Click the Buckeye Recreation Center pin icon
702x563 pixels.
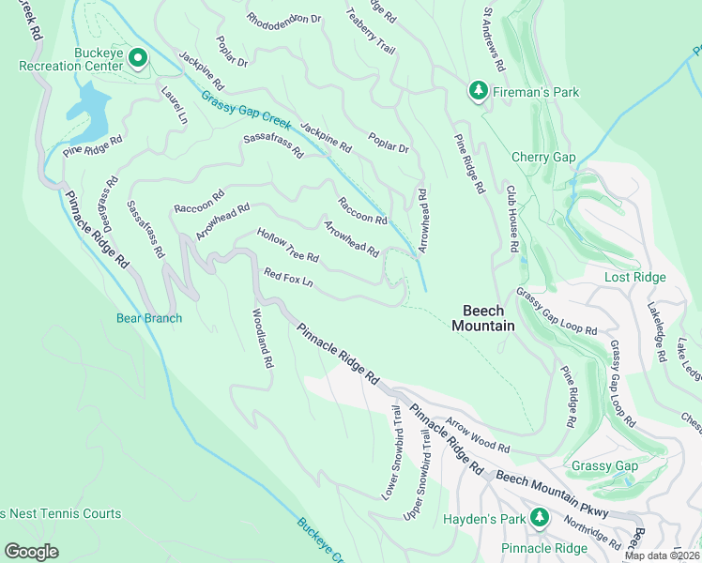point(137,59)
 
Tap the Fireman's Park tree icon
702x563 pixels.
point(478,91)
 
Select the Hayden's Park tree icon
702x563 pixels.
point(539,517)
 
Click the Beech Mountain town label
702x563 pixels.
point(483,318)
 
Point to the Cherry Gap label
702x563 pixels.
point(543,157)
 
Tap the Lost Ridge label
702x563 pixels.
point(634,277)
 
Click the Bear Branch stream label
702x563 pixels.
point(149,318)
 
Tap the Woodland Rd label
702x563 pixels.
point(261,338)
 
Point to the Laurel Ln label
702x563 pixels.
point(175,106)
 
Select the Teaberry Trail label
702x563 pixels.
point(371,29)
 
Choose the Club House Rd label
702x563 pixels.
point(513,218)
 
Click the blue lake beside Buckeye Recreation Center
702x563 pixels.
point(86,106)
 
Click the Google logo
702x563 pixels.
point(32,551)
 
